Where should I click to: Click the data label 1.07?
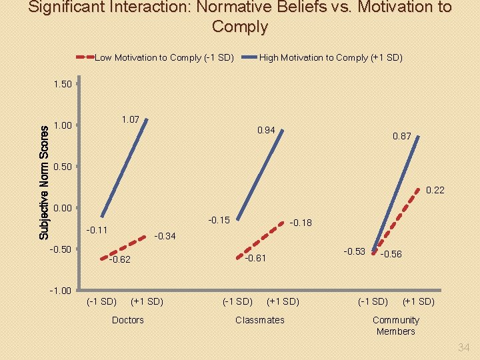pyautogui.click(x=130, y=119)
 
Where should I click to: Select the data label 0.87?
pyautogui.click(x=402, y=136)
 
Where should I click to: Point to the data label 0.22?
pyautogui.click(x=435, y=191)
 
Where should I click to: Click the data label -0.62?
pyautogui.click(x=119, y=260)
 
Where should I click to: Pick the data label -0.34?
pyautogui.click(x=165, y=236)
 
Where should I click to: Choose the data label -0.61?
pyautogui.click(x=255, y=259)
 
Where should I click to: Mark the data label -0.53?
pyautogui.click(x=354, y=251)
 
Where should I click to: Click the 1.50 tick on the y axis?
pyautogui.click(x=61, y=84)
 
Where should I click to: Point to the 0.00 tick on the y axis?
pyautogui.click(x=61, y=208)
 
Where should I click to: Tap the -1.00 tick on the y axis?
pyautogui.click(x=60, y=291)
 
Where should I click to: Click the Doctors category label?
pyautogui.click(x=127, y=320)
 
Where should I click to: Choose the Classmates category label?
pyautogui.click(x=259, y=320)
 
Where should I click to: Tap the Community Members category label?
pyautogui.click(x=395, y=325)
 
